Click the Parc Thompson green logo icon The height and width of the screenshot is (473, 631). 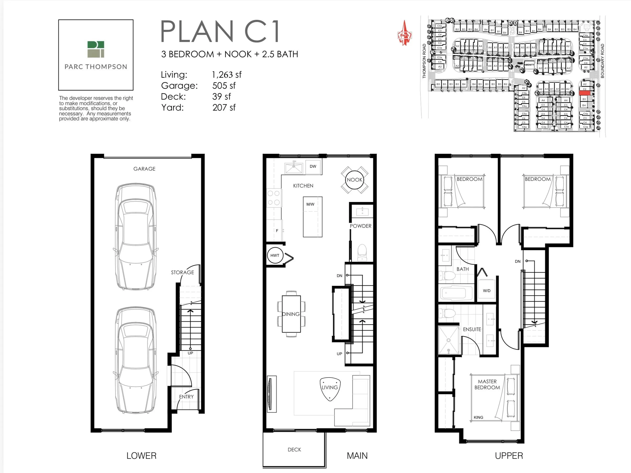tap(96, 49)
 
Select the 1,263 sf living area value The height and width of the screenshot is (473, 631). tap(227, 75)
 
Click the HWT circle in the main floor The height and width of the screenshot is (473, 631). tap(275, 255)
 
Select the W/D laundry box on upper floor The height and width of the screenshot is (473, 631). tap(487, 290)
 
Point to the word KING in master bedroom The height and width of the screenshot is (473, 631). tap(478, 417)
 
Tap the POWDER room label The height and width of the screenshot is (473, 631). tap(361, 226)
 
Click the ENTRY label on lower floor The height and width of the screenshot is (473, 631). tap(186, 397)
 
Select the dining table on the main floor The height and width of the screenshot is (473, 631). tap(291, 314)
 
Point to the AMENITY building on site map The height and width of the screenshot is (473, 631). tap(529, 65)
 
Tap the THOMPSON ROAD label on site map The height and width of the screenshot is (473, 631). tap(424, 61)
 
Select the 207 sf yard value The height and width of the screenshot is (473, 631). tap(224, 108)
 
